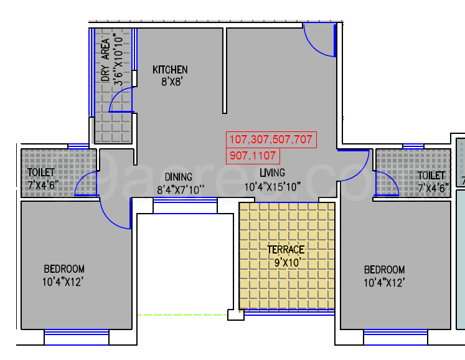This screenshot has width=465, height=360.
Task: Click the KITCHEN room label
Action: pyautogui.click(x=170, y=70)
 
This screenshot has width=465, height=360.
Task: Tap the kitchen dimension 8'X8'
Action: pyautogui.click(x=170, y=81)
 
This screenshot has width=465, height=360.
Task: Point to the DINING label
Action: pyautogui.click(x=178, y=176)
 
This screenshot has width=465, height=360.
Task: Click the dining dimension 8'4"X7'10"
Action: pyautogui.click(x=181, y=189)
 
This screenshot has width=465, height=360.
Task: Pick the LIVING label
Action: pyautogui.click(x=272, y=173)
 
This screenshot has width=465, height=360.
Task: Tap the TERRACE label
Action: pyautogui.click(x=286, y=250)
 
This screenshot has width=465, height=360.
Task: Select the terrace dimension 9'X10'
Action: pyautogui.click(x=286, y=262)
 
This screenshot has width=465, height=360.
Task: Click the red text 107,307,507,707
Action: pyautogui.click(x=271, y=140)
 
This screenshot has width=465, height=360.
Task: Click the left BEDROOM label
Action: pyautogui.click(x=63, y=269)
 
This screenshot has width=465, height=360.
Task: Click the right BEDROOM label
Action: pyautogui.click(x=384, y=270)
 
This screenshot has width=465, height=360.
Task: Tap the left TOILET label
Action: pyautogui.click(x=41, y=173)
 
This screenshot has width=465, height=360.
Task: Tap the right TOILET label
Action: pyautogui.click(x=431, y=176)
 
